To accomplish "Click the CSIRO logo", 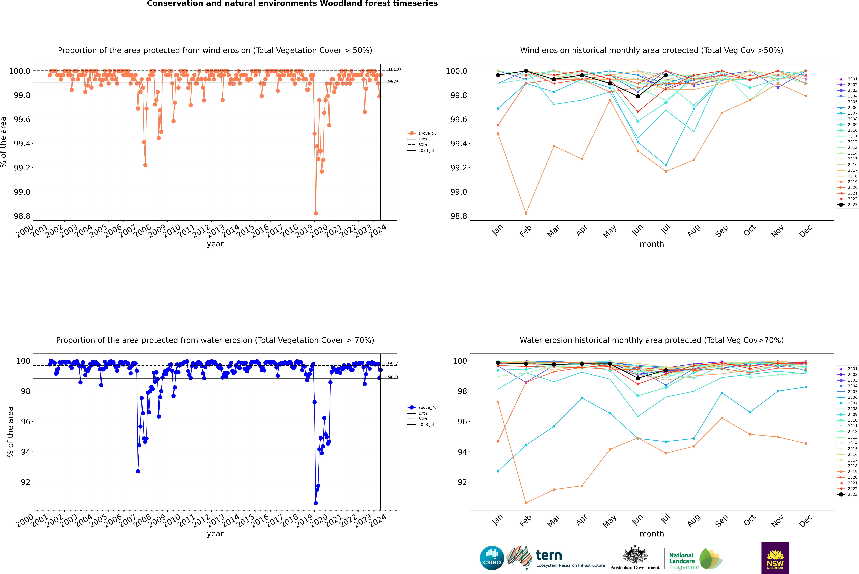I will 492,558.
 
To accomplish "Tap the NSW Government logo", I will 775,558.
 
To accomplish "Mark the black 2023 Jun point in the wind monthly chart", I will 638,96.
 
